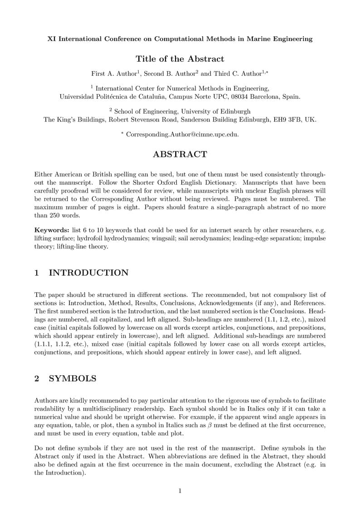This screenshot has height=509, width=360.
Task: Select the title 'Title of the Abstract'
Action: click(x=180, y=59)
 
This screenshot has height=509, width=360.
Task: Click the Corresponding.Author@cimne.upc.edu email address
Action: click(x=182, y=135)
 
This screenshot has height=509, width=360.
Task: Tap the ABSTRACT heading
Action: click(x=180, y=155)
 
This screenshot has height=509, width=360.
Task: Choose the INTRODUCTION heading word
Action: click(x=88, y=273)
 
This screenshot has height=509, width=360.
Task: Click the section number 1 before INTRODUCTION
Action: click(x=37, y=273)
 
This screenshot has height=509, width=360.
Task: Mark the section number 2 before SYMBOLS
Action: click(x=37, y=379)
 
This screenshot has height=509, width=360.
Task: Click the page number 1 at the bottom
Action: click(x=180, y=491)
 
